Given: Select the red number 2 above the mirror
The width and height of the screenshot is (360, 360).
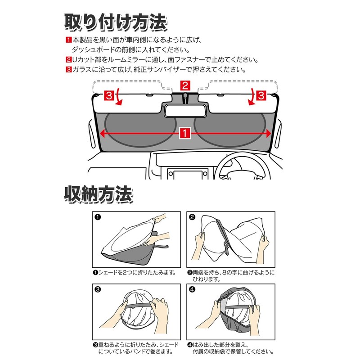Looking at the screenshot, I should click(185, 86).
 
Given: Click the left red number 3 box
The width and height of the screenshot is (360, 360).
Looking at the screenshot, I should click(108, 95).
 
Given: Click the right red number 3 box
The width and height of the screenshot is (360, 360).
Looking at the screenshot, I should click(261, 95).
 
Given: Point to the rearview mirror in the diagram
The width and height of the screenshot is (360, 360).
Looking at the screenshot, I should click(185, 110).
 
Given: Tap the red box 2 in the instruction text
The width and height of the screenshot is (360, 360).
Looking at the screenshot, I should click(68, 60).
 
